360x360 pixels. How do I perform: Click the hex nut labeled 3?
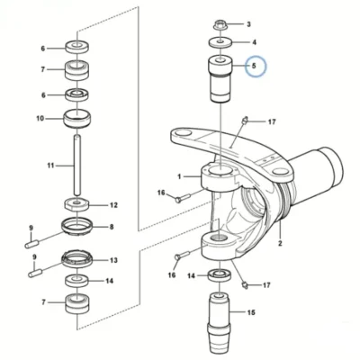[220, 25]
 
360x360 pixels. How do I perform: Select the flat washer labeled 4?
[220, 42]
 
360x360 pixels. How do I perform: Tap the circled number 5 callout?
[256, 66]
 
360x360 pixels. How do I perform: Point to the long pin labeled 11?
[77, 166]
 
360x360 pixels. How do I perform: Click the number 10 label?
[40, 119]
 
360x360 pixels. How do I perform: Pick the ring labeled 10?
[77, 119]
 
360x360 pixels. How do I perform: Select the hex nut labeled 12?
[76, 204]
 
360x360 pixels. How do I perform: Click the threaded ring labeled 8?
[76, 227]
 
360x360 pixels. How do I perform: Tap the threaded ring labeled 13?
[77, 259]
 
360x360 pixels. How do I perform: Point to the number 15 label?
[251, 312]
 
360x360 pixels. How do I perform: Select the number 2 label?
[280, 243]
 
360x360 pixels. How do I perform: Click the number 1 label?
[179, 176]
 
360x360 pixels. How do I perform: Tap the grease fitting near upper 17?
[245, 120]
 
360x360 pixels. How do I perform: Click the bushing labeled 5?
[220, 79]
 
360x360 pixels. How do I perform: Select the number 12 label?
[113, 205]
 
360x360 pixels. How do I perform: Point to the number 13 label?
[113, 260]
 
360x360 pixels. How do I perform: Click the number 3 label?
[248, 24]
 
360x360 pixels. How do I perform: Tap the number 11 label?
[50, 166]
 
